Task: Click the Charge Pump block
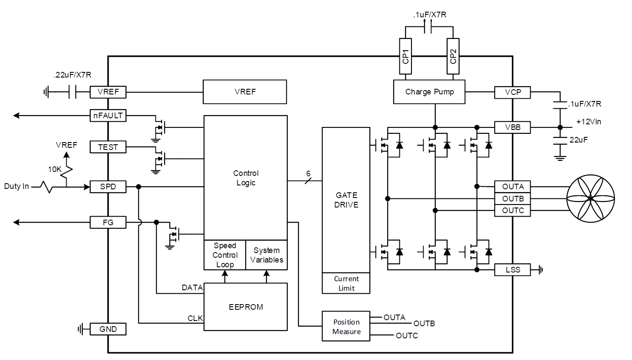pos(429,92)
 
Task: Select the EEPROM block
pos(246,307)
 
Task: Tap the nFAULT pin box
pos(108,116)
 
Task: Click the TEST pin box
pos(108,147)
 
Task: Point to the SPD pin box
pos(108,187)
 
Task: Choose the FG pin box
pos(108,223)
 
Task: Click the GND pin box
pos(108,329)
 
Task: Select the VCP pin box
pos(512,92)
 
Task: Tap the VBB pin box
pos(512,127)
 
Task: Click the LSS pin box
pos(512,270)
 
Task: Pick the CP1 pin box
pos(405,56)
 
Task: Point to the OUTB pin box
pos(512,199)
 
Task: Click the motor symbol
pos(590,199)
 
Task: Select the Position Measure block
pos(346,327)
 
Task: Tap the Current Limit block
pos(346,283)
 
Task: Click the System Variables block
pos(266,255)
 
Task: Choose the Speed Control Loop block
pos(225,255)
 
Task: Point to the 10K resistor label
pos(55,169)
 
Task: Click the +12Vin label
pos(588,122)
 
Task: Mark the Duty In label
pos(16,186)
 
